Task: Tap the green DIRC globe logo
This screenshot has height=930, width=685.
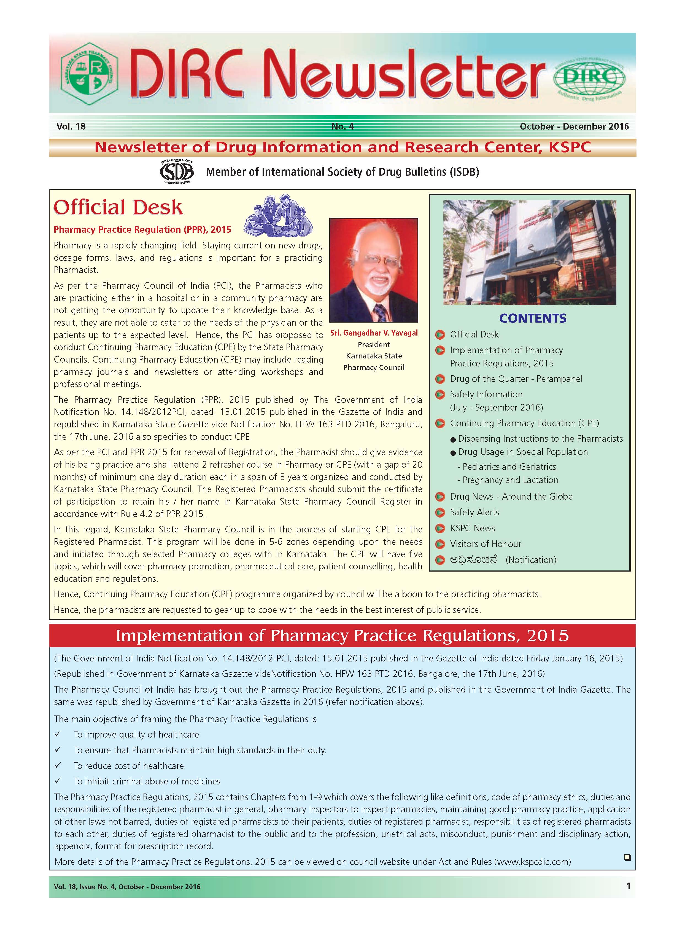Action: click(589, 78)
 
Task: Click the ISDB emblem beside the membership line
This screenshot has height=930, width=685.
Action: click(177, 171)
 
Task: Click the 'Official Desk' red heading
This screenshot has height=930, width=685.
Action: click(118, 207)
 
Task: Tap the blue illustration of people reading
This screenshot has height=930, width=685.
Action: click(278, 215)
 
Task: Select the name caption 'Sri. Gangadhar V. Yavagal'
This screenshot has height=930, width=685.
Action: click(374, 333)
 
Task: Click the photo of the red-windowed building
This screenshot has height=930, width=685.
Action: click(530, 253)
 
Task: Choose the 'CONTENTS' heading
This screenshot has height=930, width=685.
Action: click(532, 318)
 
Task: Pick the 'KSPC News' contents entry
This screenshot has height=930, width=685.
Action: click(472, 528)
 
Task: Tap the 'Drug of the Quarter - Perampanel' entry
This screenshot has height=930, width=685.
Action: click(516, 379)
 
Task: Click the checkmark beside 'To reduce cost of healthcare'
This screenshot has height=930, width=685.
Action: click(58, 765)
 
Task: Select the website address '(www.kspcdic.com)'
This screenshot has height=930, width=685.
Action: click(532, 862)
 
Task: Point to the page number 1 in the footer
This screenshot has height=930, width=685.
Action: click(628, 886)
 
